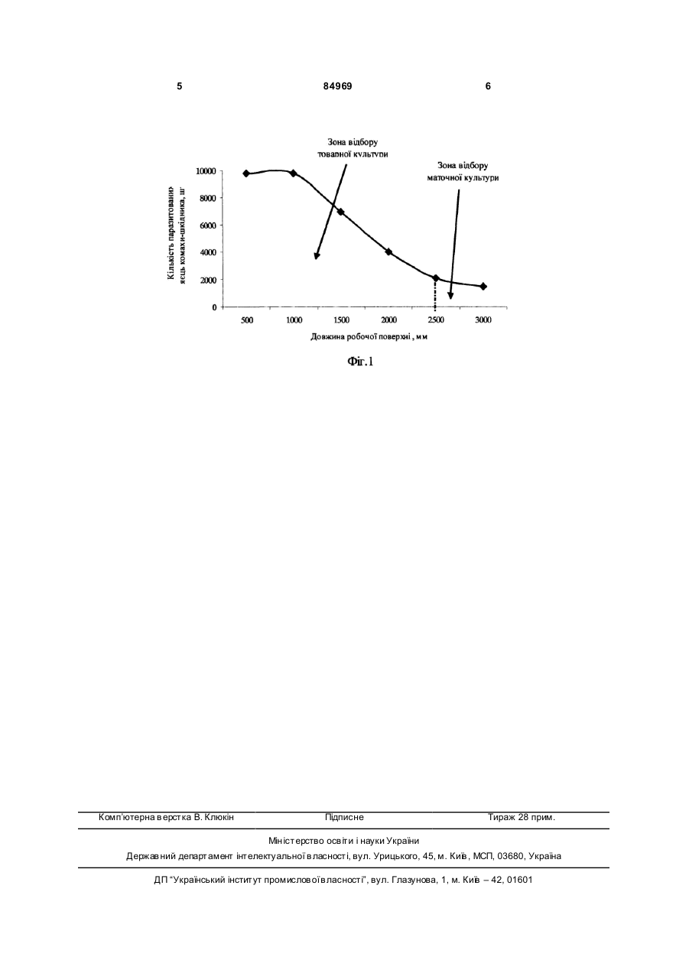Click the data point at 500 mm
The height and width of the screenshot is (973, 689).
click(x=246, y=174)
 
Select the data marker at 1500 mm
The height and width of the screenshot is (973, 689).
click(x=341, y=212)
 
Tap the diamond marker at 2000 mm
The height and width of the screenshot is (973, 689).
click(x=388, y=252)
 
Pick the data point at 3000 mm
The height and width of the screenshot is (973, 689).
click(x=483, y=287)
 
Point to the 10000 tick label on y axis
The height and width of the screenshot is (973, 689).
click(x=206, y=171)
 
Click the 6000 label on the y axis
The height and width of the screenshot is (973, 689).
click(x=208, y=225)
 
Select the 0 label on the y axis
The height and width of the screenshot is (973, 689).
click(x=214, y=307)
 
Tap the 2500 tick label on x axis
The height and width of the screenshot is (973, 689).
click(x=436, y=320)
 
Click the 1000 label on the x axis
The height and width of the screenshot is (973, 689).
click(x=294, y=320)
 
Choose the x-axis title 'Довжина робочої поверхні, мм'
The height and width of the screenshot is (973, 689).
click(x=369, y=337)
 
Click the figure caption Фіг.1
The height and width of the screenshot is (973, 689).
click(x=360, y=362)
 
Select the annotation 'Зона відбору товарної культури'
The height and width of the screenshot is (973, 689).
click(x=353, y=148)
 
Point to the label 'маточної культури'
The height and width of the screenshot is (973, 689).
click(x=463, y=178)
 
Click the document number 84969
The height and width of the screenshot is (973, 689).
click(x=338, y=86)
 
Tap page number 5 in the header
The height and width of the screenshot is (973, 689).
click(x=180, y=86)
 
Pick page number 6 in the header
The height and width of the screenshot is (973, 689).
click(x=488, y=86)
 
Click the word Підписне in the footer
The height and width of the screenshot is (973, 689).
click(x=344, y=817)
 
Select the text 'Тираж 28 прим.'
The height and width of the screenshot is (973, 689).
click(x=522, y=817)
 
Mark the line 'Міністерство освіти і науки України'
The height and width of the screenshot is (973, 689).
click(x=344, y=841)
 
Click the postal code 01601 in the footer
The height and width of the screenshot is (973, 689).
click(x=519, y=880)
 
